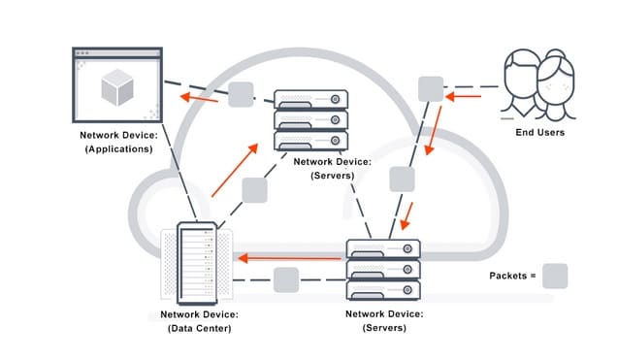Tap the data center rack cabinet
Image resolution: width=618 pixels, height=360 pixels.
tap(195, 264)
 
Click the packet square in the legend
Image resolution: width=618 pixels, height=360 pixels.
tap(555, 276)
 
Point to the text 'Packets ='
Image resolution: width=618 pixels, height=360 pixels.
tap(513, 277)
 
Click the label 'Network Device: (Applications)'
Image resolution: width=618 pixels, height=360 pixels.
tap(116, 144)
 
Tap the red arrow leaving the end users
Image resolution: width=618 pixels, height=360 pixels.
tap(466, 96)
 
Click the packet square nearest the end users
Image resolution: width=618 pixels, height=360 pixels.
tap(431, 87)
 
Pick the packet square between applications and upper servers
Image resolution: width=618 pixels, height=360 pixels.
tap(241, 94)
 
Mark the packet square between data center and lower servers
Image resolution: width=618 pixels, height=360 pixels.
tap(285, 280)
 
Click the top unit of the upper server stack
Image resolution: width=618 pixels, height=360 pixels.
tap(310, 99)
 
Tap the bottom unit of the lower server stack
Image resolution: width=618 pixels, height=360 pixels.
tap(383, 289)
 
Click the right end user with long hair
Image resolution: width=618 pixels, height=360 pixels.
tap(558, 82)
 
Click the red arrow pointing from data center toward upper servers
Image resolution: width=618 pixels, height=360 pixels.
tap(235, 166)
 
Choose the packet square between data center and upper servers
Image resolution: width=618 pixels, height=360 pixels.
tap(254, 190)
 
